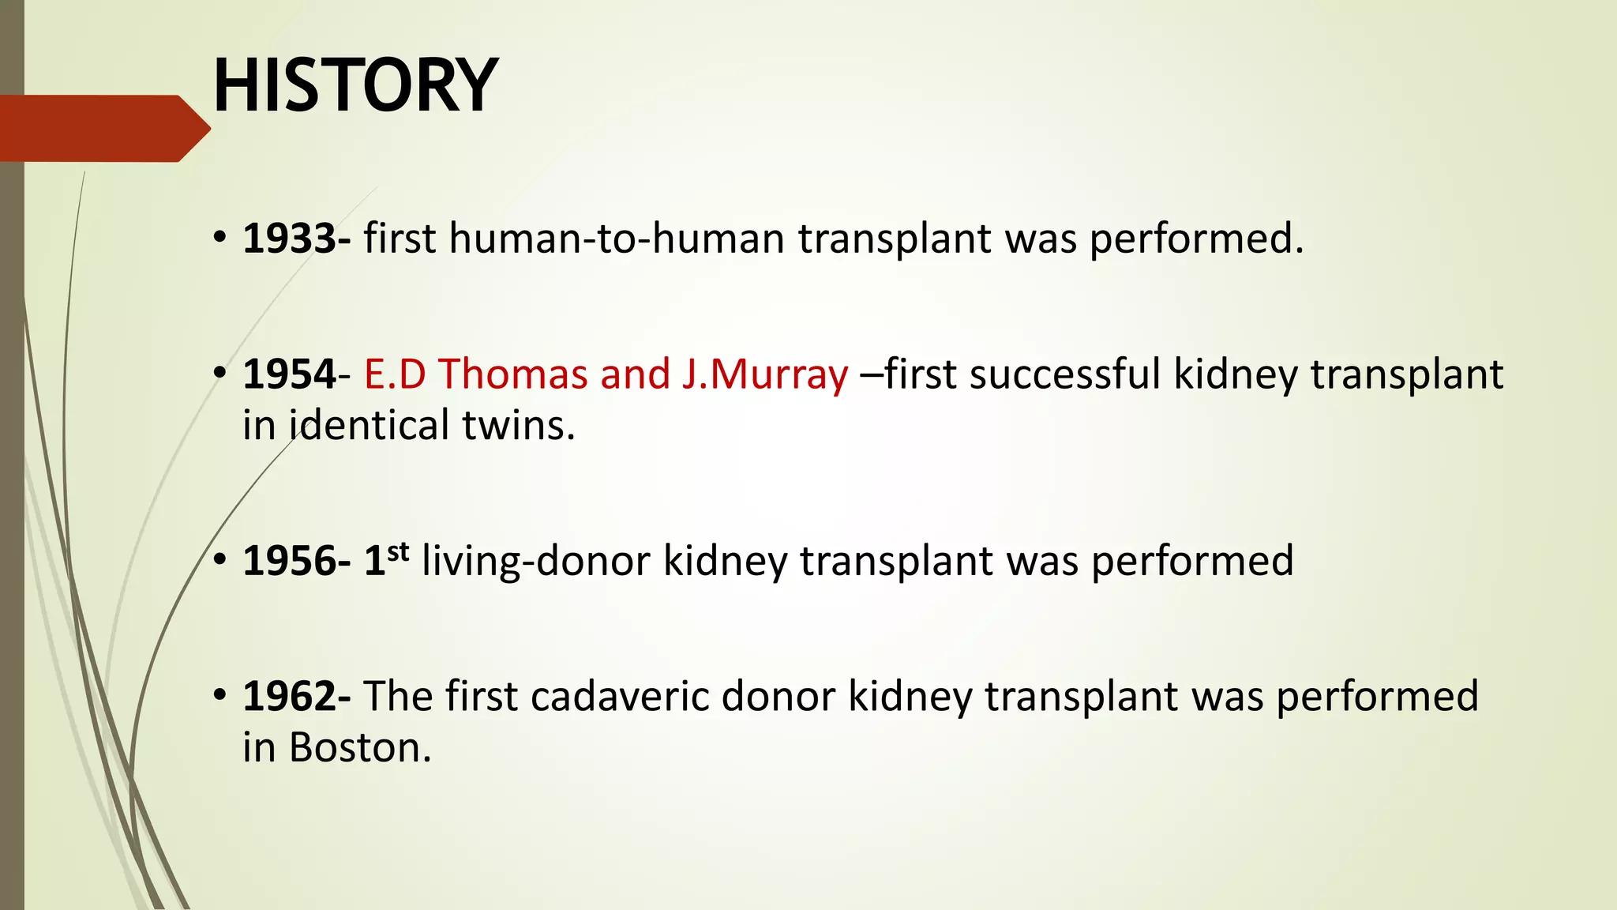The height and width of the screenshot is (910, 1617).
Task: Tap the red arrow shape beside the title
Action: tap(103, 128)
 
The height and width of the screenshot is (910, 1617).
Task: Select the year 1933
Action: tap(290, 239)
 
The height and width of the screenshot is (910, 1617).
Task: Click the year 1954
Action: tap(290, 374)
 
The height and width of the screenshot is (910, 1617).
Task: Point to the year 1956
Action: tap(290, 561)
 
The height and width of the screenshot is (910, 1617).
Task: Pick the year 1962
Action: tap(290, 697)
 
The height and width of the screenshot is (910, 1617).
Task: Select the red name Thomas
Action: tap(513, 374)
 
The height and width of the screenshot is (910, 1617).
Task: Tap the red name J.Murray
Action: tap(764, 374)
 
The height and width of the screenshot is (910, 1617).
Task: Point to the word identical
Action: tap(370, 425)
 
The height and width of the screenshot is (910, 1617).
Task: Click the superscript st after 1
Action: tap(399, 551)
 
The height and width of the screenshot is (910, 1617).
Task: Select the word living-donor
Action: tap(536, 561)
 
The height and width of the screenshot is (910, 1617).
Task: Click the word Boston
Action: tap(361, 747)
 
